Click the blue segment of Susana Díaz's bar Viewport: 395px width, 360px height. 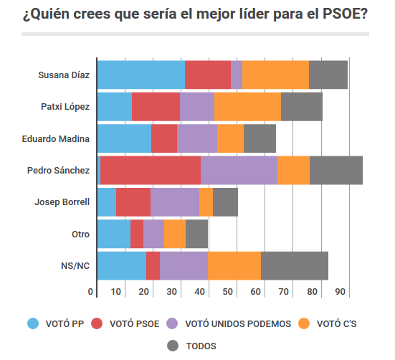pos(141,75)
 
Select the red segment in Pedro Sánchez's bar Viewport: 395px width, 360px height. pos(150,170)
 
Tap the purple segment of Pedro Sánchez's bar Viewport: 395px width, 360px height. pos(239,170)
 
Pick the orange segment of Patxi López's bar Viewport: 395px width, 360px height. pos(247,107)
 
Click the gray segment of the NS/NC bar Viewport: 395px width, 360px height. pos(294,265)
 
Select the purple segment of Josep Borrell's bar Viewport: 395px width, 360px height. pos(174,202)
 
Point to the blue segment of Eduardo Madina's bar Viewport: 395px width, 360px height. pos(124,138)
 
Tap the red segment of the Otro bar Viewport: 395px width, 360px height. pos(136,234)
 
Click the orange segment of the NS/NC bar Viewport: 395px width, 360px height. pos(234,265)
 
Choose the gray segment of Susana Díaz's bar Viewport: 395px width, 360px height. pos(328,75)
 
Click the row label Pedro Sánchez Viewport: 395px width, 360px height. pos(58,171)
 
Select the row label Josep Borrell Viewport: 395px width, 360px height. pos(62,202)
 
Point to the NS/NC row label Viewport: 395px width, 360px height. pos(75,266)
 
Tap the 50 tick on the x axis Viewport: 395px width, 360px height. pos(229,292)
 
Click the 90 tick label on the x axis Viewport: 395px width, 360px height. pos(339,292)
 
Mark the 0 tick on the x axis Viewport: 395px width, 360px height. pos(91,292)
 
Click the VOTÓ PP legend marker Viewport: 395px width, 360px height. pos(32,323)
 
